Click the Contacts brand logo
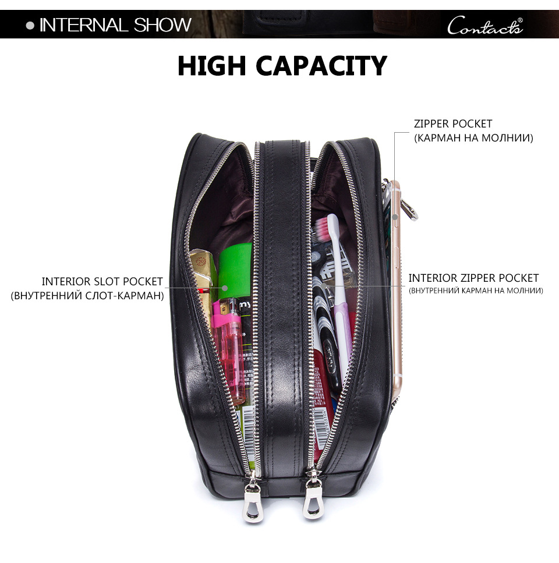click(485, 25)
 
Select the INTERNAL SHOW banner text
click(115, 25)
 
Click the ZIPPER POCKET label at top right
click(452, 124)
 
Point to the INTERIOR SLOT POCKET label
click(102, 281)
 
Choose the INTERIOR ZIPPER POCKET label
click(473, 278)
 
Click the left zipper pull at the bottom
click(252, 497)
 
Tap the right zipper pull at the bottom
click(312, 495)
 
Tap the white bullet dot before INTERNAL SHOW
click(30, 26)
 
